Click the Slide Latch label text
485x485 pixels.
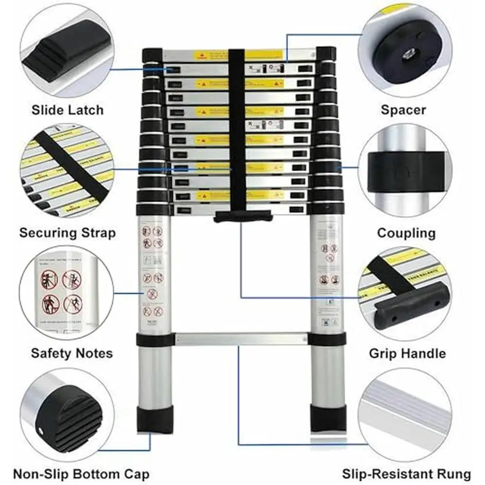[x=67, y=110]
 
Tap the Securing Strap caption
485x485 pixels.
[x=67, y=233]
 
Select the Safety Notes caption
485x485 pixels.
[x=71, y=353]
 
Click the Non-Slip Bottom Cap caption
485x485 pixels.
[x=81, y=473]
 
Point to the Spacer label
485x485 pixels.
[x=403, y=110]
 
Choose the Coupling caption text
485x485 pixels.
[x=406, y=233]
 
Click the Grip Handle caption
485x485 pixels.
[x=407, y=353]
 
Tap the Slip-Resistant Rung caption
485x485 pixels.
[x=406, y=473]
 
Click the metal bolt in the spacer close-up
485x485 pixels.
[x=406, y=54]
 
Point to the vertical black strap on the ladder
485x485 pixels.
[x=237, y=131]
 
